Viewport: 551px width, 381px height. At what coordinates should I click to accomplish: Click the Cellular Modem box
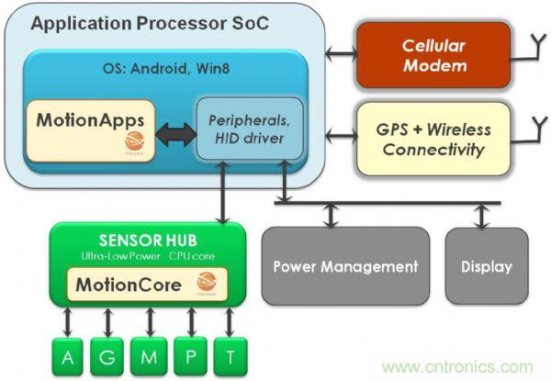(431, 54)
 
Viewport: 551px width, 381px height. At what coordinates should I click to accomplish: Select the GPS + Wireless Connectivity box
(431, 139)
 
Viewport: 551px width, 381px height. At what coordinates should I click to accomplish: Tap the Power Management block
(344, 266)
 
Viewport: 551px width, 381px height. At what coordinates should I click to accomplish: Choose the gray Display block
(487, 266)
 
